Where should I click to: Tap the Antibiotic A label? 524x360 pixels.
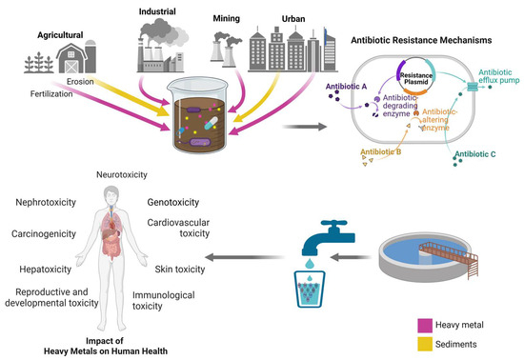click(347, 86)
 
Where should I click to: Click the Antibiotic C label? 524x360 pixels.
click(481, 153)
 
